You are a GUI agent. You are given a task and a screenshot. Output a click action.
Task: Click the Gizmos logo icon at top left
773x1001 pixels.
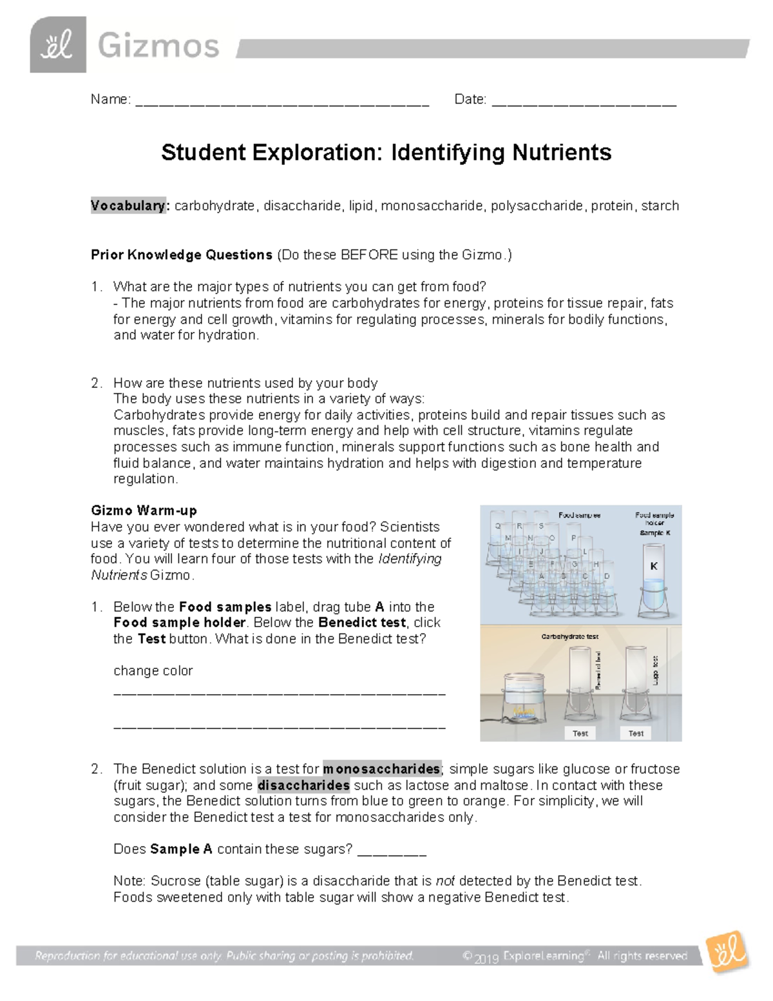coord(57,45)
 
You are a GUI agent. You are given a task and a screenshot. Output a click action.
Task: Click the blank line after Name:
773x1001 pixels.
coord(282,101)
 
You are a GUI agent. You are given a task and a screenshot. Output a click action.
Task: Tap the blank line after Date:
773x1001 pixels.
coord(584,101)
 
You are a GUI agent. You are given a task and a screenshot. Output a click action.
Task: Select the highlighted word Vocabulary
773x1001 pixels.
coord(128,206)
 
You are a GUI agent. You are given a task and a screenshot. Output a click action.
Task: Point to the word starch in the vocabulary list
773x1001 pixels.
coord(660,206)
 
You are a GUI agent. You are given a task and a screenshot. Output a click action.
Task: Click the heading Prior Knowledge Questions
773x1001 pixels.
coord(182,255)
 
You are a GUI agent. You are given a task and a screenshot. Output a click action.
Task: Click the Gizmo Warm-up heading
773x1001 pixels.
coord(144,510)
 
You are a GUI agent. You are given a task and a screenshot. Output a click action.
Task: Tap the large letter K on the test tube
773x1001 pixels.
coord(654,566)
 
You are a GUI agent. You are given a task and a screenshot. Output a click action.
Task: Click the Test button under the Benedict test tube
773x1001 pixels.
coord(580,733)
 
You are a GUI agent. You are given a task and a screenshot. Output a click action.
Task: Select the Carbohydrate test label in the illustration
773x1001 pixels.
coord(569,636)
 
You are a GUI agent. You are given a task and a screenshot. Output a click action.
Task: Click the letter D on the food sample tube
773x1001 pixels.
coord(606,576)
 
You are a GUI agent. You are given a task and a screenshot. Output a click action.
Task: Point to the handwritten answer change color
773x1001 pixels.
coord(153,670)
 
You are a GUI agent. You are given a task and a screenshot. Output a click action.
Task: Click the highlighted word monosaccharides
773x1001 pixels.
coord(381,769)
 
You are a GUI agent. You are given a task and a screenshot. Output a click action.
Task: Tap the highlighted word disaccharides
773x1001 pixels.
coord(303,785)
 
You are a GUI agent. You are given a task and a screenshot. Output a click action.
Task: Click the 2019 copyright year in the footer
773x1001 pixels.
coord(486,958)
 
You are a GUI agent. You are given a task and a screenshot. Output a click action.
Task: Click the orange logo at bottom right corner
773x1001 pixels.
coord(727,952)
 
